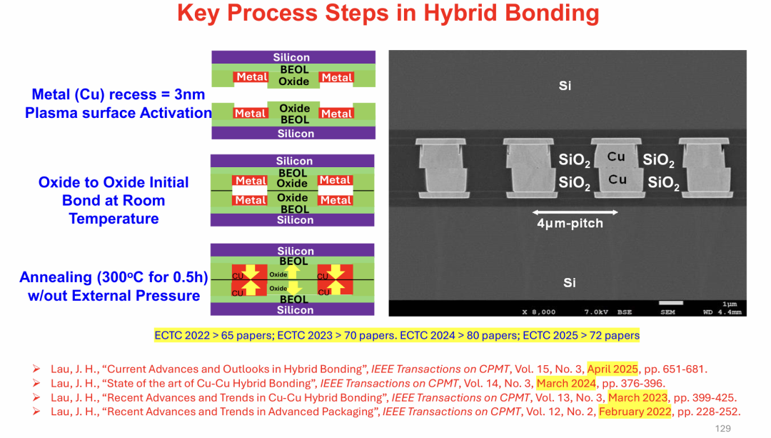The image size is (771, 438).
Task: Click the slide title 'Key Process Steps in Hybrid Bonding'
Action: point(388,14)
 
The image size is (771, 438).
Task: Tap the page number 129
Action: point(722,429)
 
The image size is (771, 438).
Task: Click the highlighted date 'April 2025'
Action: point(613,369)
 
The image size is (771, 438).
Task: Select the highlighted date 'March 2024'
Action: point(566,384)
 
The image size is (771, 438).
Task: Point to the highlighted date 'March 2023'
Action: point(638,398)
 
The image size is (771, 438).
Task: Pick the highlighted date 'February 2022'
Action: point(635,412)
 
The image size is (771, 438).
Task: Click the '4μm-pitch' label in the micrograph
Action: point(570,224)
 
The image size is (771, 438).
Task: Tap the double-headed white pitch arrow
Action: point(575,212)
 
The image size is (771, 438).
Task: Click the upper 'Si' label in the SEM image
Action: point(565,86)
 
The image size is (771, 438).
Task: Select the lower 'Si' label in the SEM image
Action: point(570,282)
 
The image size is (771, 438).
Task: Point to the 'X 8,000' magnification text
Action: point(538,312)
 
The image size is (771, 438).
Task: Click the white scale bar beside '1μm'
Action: point(670,303)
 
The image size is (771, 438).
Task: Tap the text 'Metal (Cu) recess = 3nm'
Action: point(118,94)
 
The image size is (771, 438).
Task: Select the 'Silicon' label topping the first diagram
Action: point(291,57)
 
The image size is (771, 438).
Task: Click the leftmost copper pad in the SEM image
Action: point(442,169)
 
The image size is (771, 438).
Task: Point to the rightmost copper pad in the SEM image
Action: point(705,169)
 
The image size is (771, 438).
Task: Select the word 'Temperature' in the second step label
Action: point(114,219)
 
